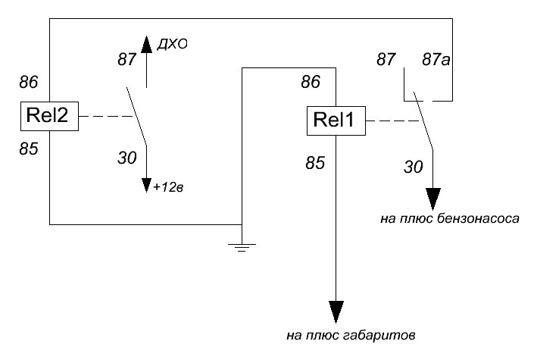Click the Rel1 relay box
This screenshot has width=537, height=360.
(336, 121)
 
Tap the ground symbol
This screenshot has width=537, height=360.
(242, 246)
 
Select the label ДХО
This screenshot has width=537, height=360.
(172, 45)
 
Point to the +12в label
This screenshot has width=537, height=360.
(169, 186)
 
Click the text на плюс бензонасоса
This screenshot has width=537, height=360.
(449, 220)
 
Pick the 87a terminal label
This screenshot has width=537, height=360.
(436, 58)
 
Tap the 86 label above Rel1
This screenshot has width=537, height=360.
(311, 81)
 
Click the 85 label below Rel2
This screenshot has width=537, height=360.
(28, 149)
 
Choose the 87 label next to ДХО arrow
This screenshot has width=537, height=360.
(128, 58)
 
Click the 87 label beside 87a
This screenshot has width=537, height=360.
(388, 58)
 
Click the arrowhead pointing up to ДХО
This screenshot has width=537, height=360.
(147, 47)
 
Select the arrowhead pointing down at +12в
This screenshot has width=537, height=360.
(147, 185)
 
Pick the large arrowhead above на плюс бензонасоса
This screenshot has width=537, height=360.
(432, 199)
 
